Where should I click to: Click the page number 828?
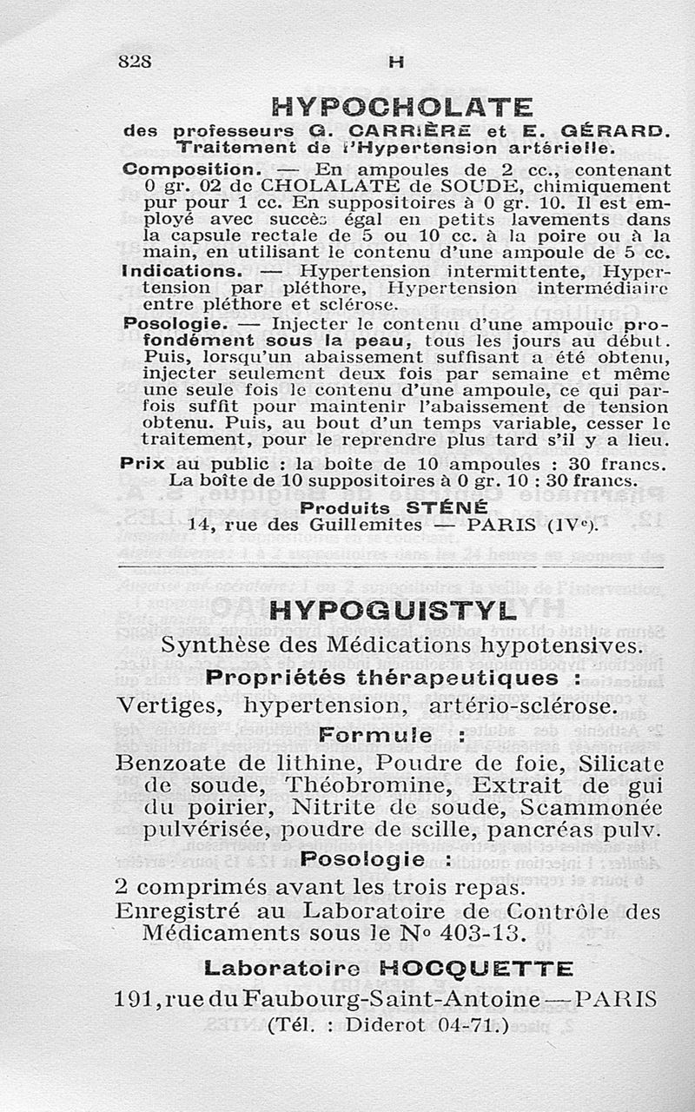[x=135, y=62]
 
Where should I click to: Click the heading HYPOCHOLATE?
[x=402, y=108]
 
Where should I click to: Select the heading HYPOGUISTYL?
[x=394, y=611]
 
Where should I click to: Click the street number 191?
[x=136, y=999]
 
